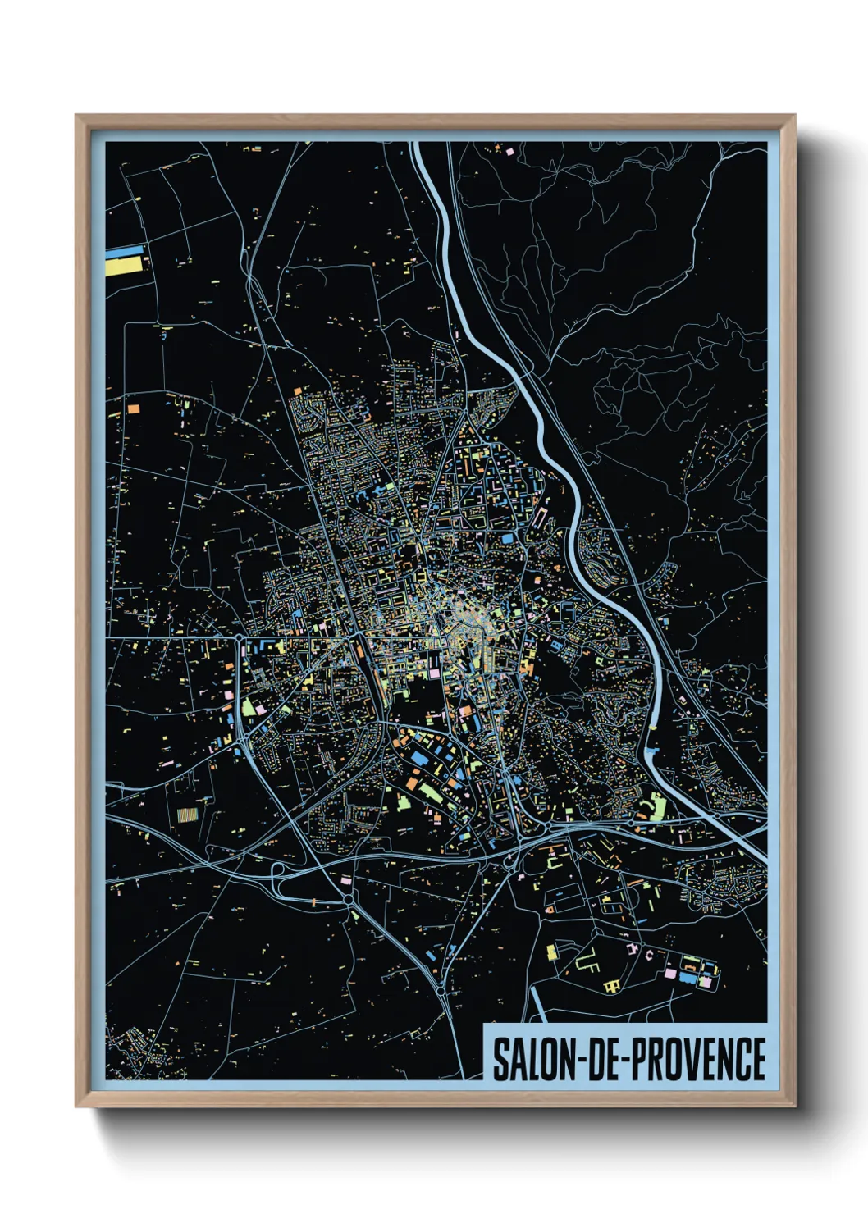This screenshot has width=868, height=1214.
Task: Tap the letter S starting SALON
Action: click(499, 1059)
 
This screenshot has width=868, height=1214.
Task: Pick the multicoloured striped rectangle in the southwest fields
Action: click(187, 816)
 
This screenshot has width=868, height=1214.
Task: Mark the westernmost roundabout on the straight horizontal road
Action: click(237, 637)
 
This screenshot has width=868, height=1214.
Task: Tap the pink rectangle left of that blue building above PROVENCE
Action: click(670, 974)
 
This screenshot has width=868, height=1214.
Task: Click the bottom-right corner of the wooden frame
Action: click(794, 1105)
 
